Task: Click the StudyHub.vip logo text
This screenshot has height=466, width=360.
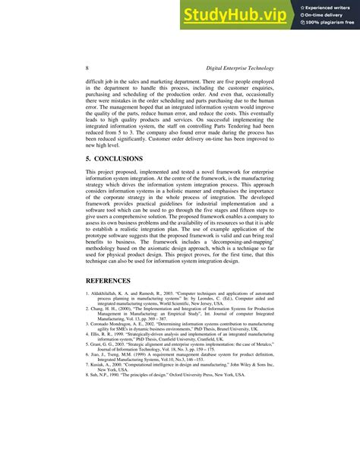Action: [x=236, y=14]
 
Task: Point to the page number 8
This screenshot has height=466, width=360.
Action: [x=87, y=68]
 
